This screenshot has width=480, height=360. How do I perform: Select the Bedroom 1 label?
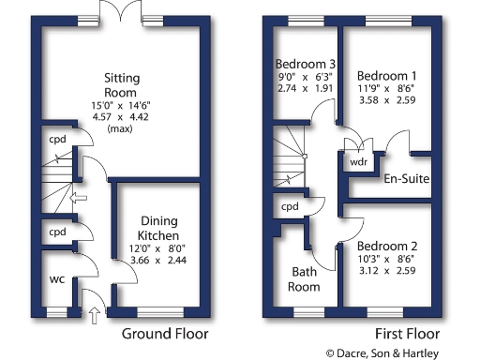386,75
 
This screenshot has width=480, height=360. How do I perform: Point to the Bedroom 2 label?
387,240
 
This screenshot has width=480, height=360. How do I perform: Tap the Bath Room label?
305,279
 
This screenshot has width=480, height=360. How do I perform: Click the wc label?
56,278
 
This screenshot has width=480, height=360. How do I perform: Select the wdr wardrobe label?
358,159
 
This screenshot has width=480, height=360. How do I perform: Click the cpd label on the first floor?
290,206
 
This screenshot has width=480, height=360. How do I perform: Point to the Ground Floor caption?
165,333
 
